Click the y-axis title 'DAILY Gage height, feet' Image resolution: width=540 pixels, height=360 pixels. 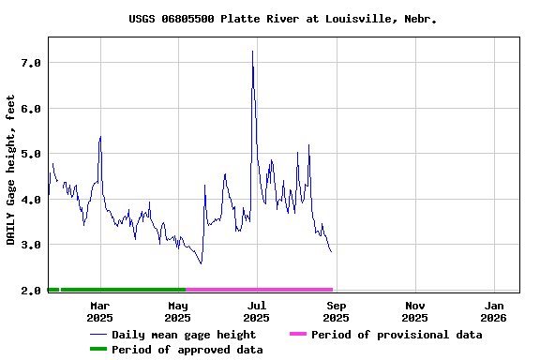(11, 170)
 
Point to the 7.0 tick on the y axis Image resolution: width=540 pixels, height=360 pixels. (31, 63)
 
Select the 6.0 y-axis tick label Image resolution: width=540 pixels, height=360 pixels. (31, 109)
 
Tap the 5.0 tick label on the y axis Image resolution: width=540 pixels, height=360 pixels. (31, 154)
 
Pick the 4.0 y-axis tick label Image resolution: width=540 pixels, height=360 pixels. (31, 200)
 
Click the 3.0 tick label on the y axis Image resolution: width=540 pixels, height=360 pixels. (31, 245)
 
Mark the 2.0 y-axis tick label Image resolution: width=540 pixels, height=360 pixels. (31, 291)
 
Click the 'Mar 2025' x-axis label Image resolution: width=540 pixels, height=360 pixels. (99, 311)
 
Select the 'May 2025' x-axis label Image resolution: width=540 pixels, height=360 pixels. (178, 311)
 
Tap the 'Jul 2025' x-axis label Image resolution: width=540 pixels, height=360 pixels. (257, 311)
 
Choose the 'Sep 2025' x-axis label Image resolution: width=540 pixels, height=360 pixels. (337, 311)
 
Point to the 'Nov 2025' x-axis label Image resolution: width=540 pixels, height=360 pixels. (415, 311)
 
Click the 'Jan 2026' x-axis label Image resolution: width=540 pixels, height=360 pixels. (494, 311)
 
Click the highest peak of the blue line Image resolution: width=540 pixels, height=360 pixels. (252, 52)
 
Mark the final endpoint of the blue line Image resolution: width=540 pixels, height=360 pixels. (331, 251)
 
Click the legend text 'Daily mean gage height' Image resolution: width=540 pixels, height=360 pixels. (184, 335)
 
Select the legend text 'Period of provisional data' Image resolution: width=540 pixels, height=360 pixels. (397, 335)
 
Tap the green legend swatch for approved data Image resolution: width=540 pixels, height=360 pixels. (98, 350)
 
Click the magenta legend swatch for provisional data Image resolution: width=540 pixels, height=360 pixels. (298, 335)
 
